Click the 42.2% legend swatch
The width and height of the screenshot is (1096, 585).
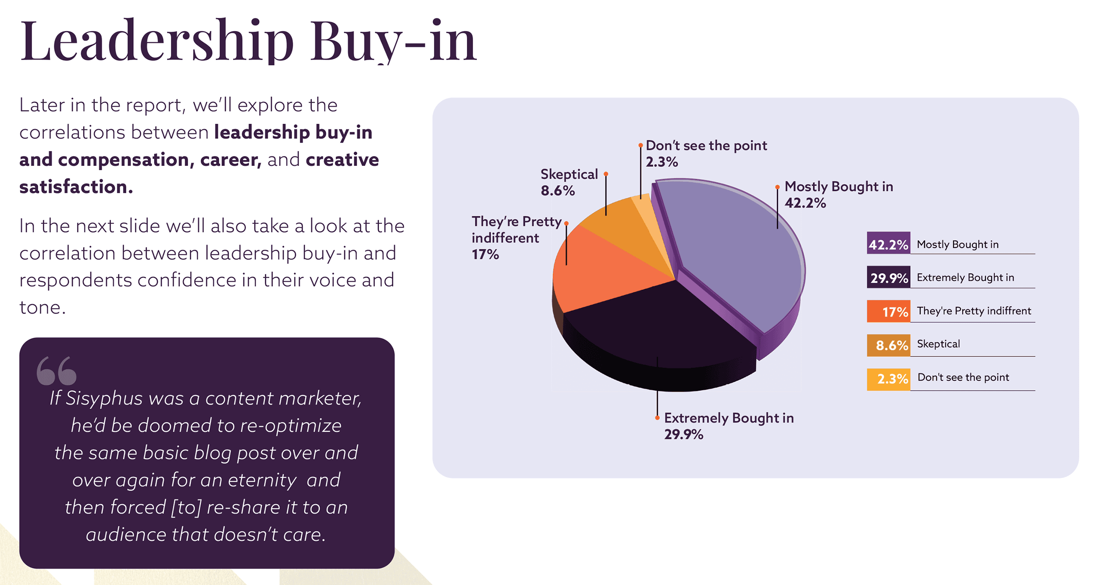click(888, 244)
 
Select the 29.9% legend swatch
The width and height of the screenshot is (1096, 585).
click(888, 277)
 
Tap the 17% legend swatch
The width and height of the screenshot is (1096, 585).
click(888, 311)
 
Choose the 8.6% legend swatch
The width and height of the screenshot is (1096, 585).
click(888, 345)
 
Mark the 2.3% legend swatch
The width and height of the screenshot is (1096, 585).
click(888, 378)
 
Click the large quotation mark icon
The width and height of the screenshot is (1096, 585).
click(57, 371)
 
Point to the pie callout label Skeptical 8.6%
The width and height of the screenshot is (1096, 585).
click(569, 182)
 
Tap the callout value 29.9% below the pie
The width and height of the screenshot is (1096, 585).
click(683, 434)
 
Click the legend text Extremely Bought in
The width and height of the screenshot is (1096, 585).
click(965, 277)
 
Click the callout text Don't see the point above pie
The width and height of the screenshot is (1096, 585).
click(706, 146)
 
